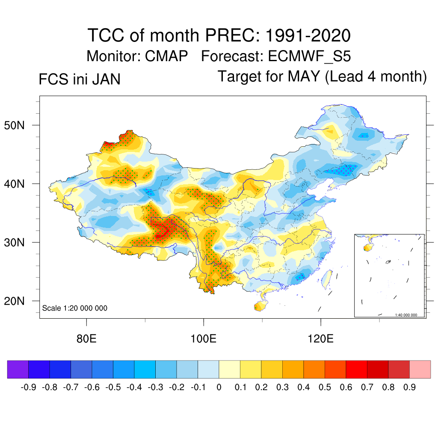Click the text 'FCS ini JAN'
(80, 80)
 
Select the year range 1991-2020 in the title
(308, 35)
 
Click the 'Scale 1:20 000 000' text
(75, 308)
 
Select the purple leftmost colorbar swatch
(18, 370)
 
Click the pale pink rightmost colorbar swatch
(420, 370)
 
